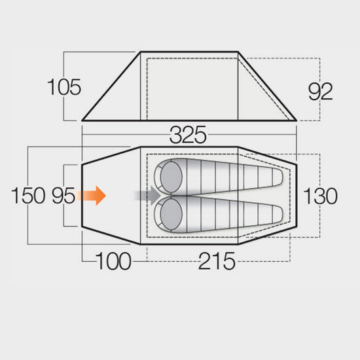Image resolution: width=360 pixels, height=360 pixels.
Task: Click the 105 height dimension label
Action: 64,87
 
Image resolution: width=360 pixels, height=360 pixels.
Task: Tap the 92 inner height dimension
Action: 321,92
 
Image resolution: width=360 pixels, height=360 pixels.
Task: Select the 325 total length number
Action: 188,135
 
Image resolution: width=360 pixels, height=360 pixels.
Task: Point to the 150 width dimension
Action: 28,196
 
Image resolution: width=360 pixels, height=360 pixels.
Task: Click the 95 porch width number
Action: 63,196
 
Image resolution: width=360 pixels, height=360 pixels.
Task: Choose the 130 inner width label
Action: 321,196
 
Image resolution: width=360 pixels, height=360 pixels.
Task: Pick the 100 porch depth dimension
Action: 113,261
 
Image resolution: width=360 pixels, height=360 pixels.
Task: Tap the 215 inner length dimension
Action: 217,261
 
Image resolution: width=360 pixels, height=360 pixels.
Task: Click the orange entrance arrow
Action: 91,196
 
